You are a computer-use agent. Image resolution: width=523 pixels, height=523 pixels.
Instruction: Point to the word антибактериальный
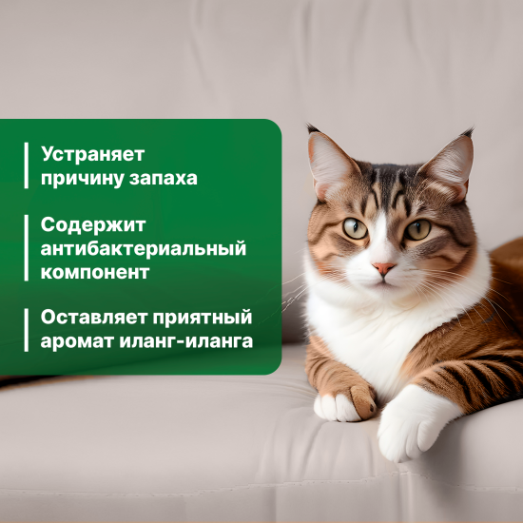pyautogui.click(x=144, y=249)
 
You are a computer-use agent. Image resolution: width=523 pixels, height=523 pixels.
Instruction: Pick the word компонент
pyautogui.click(x=94, y=272)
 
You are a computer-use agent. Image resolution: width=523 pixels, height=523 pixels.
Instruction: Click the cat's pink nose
pyautogui.click(x=384, y=269)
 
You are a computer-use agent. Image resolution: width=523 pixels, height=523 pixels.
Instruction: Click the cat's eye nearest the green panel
pyautogui.click(x=355, y=227)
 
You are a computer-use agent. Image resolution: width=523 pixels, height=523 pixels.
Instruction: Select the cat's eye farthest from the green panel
pyautogui.click(x=418, y=229)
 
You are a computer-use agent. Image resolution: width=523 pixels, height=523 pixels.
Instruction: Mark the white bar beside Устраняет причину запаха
pyautogui.click(x=27, y=165)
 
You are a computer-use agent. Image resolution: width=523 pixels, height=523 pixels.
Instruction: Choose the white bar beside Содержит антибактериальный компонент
pyautogui.click(x=27, y=249)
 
